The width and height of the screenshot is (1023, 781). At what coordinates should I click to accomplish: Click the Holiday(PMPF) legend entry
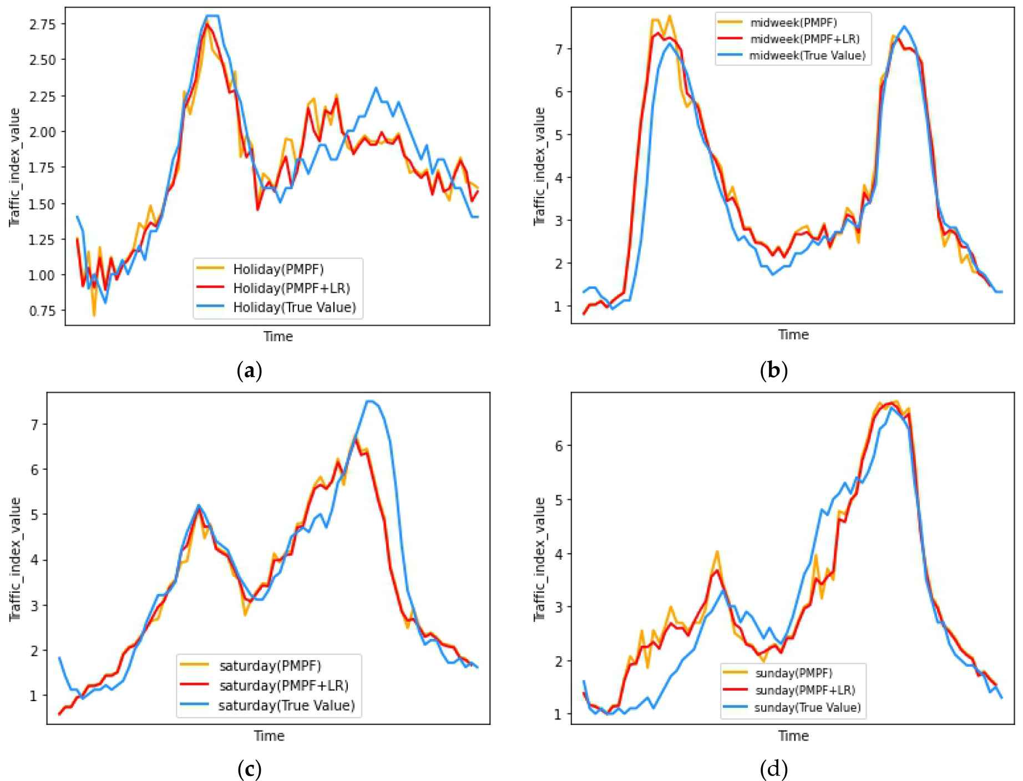point(278,269)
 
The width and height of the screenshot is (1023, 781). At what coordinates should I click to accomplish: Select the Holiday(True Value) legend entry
point(294,307)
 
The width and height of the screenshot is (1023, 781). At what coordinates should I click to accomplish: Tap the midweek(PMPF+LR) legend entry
point(804,39)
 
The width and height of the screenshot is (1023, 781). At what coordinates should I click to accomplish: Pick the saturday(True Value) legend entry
point(286,705)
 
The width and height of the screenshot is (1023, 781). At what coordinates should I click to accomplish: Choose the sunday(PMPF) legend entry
point(793,673)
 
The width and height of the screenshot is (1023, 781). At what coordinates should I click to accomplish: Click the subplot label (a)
point(249,370)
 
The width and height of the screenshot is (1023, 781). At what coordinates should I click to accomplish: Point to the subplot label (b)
point(773,370)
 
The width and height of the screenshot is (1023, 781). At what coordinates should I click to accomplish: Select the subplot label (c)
point(249,769)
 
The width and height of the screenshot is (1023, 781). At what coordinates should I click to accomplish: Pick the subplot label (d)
point(773,769)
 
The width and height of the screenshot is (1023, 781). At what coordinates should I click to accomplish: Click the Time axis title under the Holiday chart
point(278,336)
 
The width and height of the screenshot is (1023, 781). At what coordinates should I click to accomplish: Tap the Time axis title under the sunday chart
point(793,736)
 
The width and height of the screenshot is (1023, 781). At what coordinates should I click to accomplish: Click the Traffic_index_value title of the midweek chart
point(539,166)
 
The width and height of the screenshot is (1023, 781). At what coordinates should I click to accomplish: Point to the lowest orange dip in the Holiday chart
point(94,316)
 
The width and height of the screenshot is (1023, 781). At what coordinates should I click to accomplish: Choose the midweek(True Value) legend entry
point(807,55)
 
